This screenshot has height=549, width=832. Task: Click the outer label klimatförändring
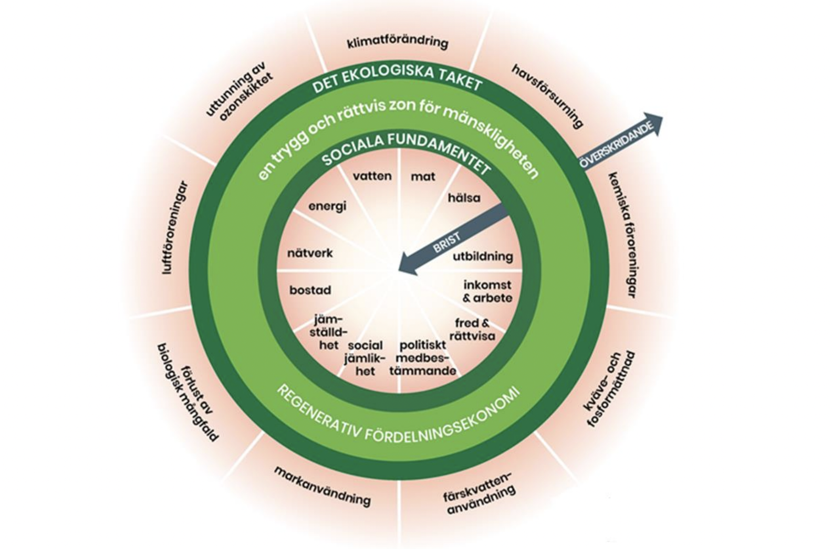pyautogui.click(x=398, y=43)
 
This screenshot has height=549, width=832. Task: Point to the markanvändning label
pyautogui.click(x=322, y=486)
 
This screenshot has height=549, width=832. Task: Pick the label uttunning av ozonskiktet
pyautogui.click(x=239, y=92)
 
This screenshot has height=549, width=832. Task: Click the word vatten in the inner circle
pyautogui.click(x=372, y=176)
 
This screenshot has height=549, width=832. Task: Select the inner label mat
pyautogui.click(x=423, y=177)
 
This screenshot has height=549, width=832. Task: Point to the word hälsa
pyautogui.click(x=464, y=198)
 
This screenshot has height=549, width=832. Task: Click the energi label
pyautogui.click(x=327, y=206)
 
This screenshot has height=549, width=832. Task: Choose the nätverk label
pyautogui.click(x=310, y=253)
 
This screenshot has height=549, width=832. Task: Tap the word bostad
pyautogui.click(x=310, y=290)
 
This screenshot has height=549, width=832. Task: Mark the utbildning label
pyautogui.click(x=483, y=257)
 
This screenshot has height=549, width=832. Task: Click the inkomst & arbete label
pyautogui.click(x=487, y=291)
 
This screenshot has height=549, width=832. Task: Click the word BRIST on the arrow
pyautogui.click(x=446, y=242)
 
